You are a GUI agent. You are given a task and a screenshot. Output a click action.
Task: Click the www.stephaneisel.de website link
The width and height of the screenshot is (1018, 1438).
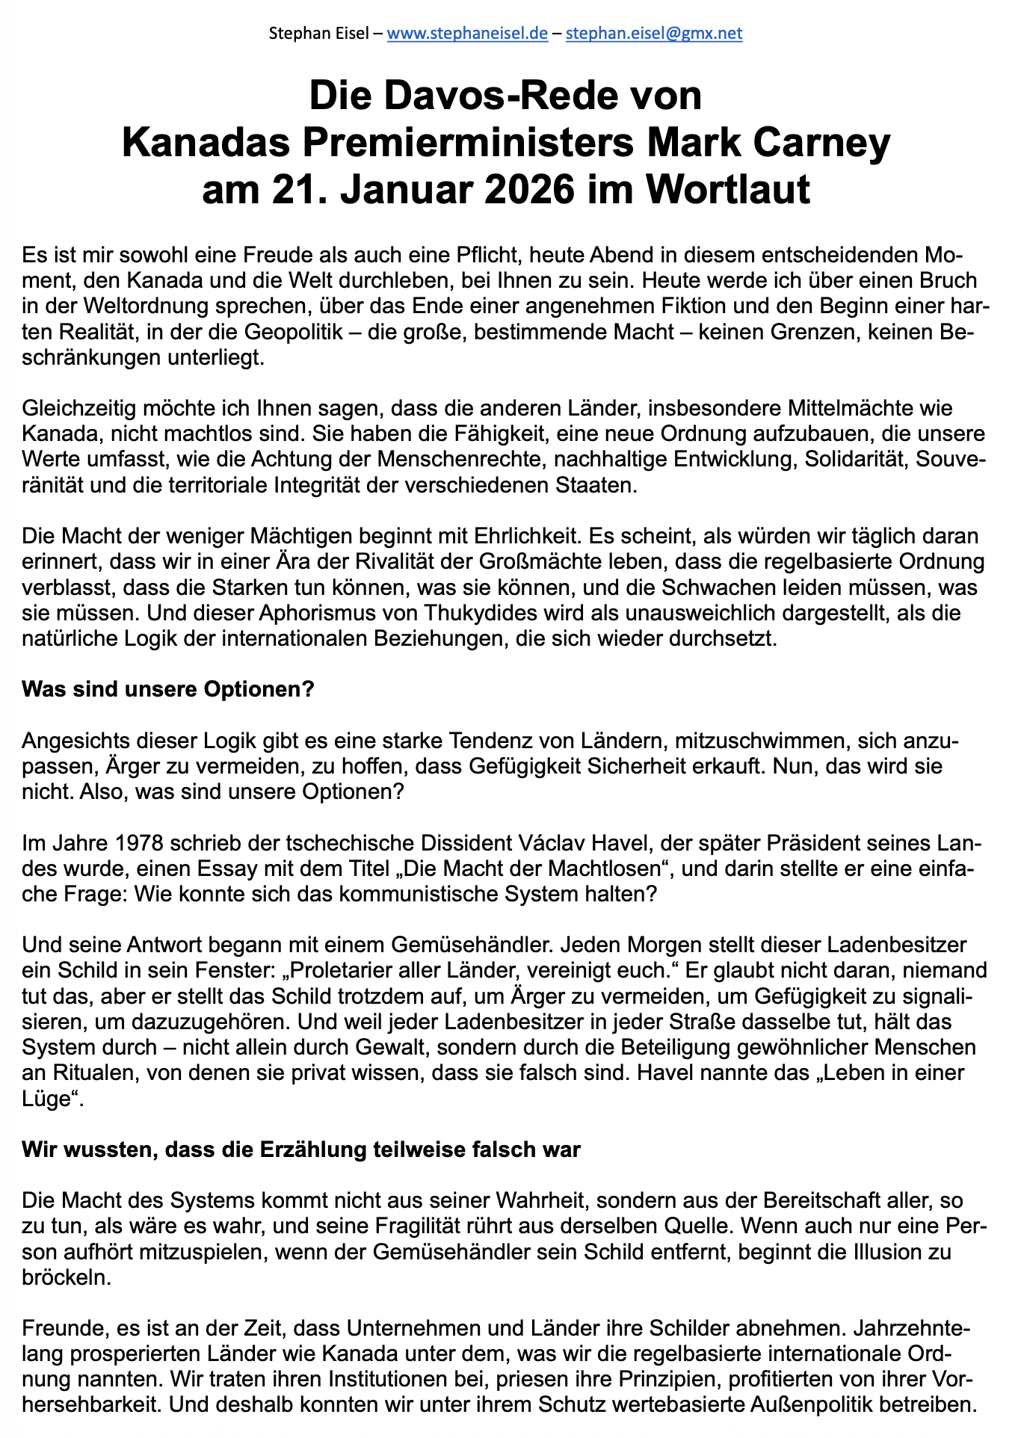467,34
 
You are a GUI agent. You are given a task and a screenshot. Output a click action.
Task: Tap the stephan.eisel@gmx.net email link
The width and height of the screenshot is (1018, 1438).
654,34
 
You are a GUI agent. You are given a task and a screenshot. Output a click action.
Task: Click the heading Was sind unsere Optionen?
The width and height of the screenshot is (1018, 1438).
167,689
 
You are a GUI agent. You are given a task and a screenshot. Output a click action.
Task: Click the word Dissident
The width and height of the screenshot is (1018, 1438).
459,843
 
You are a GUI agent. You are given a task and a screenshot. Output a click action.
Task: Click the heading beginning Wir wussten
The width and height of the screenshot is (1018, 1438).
300,1150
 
